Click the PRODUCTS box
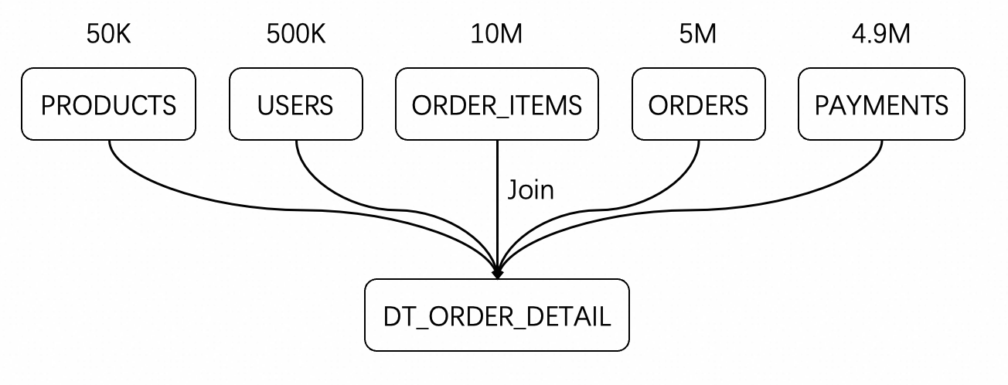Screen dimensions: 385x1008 pos(108,104)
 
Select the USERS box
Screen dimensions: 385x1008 pos(295,104)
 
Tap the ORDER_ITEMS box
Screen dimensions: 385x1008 pos(497,104)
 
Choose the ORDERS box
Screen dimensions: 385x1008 pos(698,104)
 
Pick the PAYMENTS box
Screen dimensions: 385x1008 pos(881,104)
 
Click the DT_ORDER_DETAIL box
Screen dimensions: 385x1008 pos(497,315)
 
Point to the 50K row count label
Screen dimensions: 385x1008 pos(108,36)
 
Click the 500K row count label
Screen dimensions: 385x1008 pos(295,36)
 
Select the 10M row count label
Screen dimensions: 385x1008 pos(497,36)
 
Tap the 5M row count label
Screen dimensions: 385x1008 pos(698,36)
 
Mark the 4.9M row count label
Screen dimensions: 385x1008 pos(881,36)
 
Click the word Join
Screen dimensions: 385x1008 pos(530,190)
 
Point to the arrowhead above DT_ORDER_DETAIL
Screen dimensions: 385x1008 pos(497,273)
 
